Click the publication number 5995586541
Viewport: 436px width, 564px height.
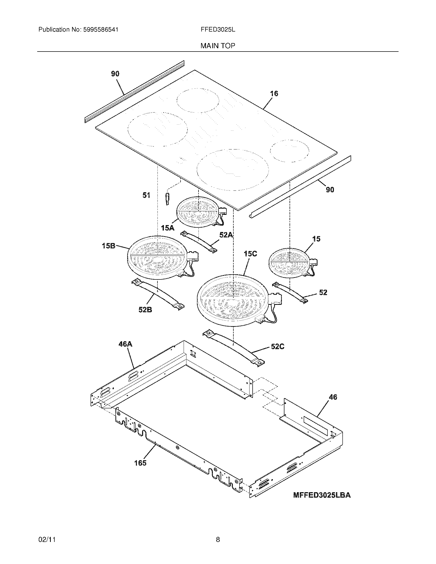pos(101,30)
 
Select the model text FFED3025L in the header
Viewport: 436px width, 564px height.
pos(218,30)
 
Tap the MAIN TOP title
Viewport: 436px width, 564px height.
pos(218,46)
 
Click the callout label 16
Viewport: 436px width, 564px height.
pos(274,94)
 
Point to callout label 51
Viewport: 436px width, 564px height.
pos(146,196)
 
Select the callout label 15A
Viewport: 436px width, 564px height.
pos(167,228)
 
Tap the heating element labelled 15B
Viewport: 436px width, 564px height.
pos(157,257)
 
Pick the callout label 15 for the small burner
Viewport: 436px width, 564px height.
pos(316,239)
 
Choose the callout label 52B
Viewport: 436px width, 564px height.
pos(145,309)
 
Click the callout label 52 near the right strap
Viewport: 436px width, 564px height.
pos(323,292)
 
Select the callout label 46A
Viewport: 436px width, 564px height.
pos(125,344)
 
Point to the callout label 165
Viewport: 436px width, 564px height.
pos(140,463)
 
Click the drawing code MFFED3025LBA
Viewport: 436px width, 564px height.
pos(322,495)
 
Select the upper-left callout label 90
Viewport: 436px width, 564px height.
pos(115,74)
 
